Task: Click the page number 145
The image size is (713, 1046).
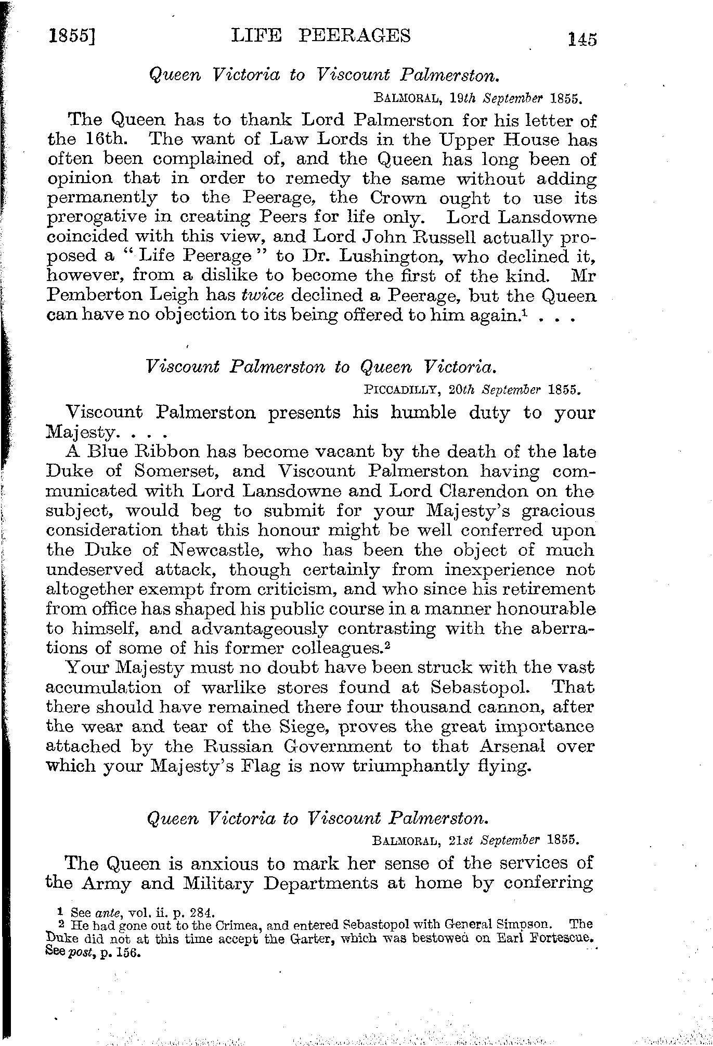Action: (582, 40)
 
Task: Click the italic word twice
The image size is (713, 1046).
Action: (263, 295)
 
